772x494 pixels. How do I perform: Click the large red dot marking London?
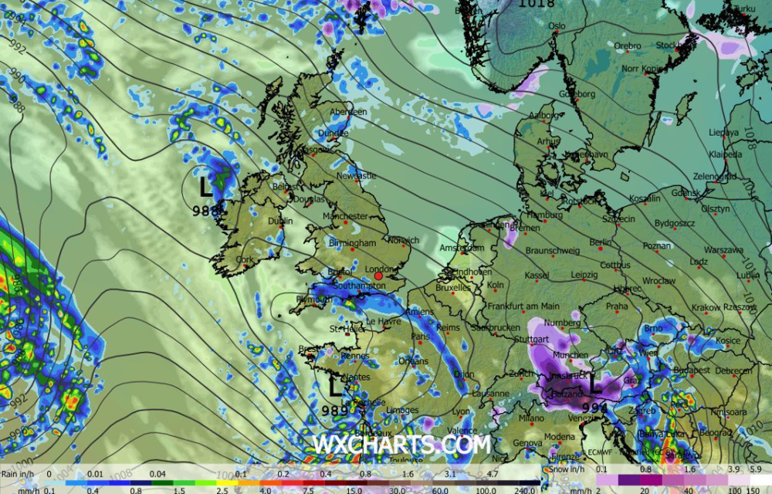tap(378, 276)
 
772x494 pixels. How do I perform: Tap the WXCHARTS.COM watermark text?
tap(401, 445)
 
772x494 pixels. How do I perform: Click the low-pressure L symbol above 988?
tap(205, 188)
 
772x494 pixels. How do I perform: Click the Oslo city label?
tap(557, 26)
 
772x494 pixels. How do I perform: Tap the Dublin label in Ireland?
tap(279, 221)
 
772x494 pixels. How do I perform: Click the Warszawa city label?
tap(723, 250)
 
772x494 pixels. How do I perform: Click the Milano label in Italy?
tap(531, 418)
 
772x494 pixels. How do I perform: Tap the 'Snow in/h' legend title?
tap(567, 469)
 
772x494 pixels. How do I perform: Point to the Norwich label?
tap(404, 241)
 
